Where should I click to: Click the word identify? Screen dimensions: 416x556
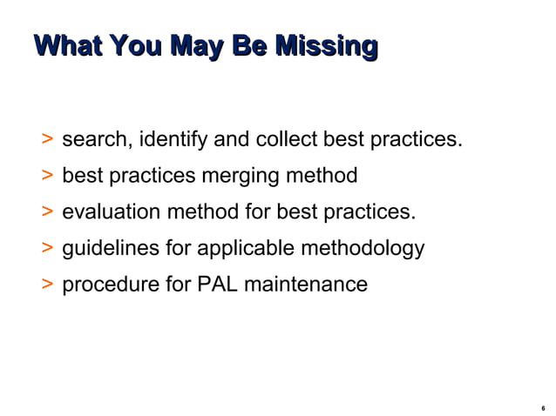[173, 139]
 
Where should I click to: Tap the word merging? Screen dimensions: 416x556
[240, 176]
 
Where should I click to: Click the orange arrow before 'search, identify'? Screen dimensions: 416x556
[46, 139]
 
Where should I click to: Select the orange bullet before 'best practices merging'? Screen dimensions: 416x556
[46, 176]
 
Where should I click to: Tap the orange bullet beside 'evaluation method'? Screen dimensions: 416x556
[46, 212]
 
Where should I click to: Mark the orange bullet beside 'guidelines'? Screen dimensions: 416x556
[46, 249]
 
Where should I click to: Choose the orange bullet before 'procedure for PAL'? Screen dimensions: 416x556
[46, 285]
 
